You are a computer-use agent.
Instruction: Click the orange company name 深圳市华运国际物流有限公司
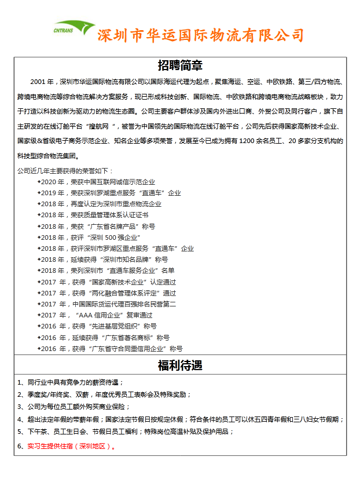click(200, 35)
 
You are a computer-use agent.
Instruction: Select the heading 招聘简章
click(180, 65)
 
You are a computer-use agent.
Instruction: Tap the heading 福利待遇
click(180, 366)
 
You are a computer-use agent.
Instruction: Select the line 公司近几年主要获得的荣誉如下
click(65, 170)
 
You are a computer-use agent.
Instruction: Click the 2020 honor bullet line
click(98, 182)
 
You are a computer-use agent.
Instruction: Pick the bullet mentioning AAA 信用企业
click(98, 315)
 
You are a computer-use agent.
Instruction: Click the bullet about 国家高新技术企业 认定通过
click(108, 282)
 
